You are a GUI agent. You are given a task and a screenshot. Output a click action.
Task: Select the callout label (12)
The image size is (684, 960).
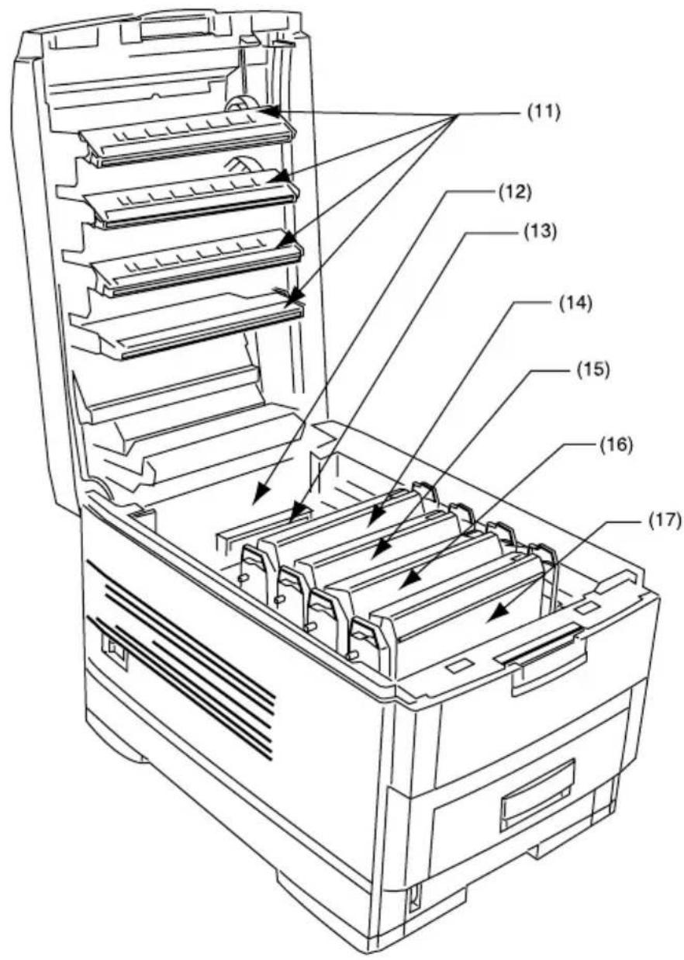point(513,193)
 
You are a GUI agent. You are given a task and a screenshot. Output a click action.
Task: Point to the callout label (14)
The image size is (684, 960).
point(575,303)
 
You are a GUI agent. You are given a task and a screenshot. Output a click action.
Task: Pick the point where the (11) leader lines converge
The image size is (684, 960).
point(457,114)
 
